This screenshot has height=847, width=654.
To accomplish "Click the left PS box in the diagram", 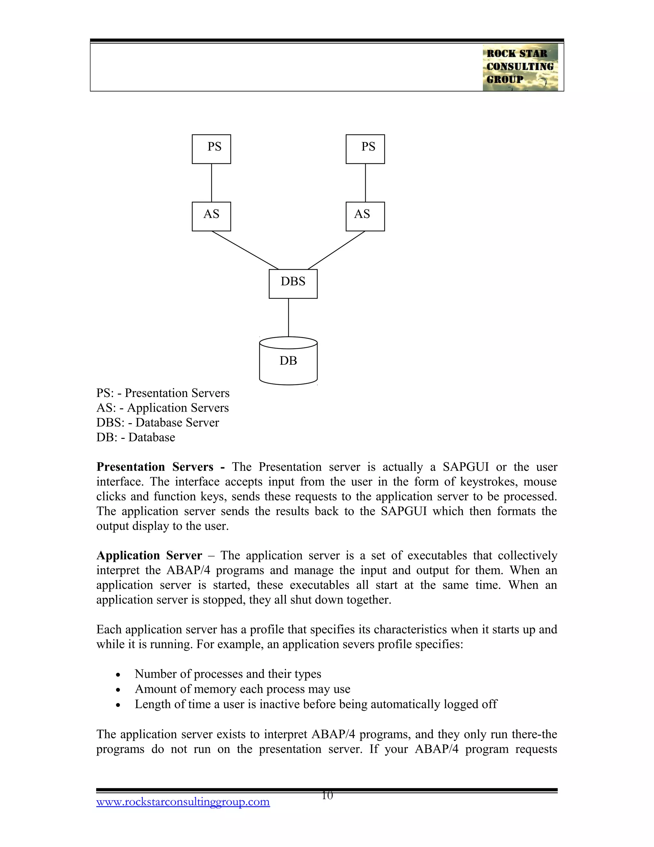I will point(211,149).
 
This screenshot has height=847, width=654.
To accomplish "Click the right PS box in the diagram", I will point(365,149).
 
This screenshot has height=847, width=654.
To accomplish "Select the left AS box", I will point(211,216).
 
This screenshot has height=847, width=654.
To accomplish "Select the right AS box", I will point(365,216).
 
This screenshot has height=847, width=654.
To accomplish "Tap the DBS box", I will point(293,284).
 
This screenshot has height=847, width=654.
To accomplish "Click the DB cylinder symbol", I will point(288,361).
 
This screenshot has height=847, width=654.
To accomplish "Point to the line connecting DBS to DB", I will point(288,317).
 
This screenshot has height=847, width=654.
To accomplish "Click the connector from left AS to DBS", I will point(245,250).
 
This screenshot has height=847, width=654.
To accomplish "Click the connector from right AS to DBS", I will point(336,250).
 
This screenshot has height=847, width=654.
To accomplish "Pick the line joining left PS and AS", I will point(211,183).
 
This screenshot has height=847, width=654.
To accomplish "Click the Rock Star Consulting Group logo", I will point(520,67).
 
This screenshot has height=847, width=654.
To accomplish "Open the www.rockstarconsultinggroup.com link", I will point(183,802).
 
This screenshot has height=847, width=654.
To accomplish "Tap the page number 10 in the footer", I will point(327,796).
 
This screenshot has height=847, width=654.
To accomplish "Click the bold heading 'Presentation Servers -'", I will point(160,467).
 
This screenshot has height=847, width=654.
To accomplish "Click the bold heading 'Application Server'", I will point(149,556).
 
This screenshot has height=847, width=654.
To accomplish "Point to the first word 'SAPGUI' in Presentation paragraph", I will point(465,467).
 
